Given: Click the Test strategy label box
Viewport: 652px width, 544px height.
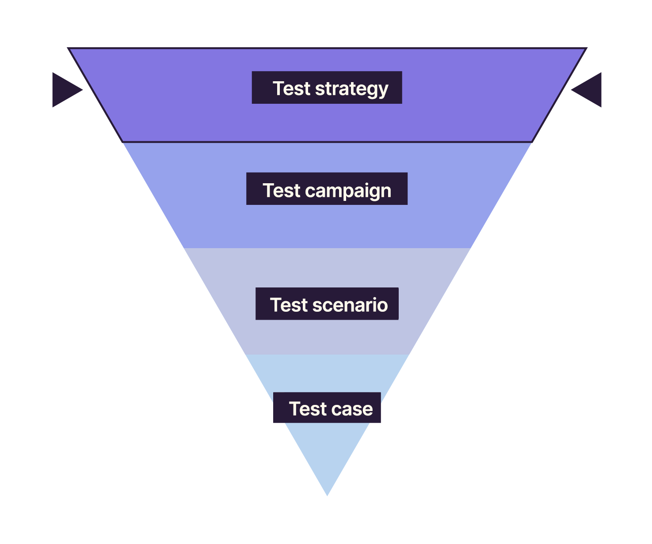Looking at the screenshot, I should (x=327, y=87).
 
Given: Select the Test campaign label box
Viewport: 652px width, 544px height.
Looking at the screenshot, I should (x=327, y=189).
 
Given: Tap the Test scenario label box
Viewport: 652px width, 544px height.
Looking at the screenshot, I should (x=327, y=304).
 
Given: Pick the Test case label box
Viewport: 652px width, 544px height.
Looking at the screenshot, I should (x=327, y=408).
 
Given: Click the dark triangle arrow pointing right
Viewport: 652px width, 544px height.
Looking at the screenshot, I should (x=65, y=90).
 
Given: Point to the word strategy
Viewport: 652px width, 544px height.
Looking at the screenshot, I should (x=351, y=89).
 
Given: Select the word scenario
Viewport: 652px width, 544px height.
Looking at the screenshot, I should (x=350, y=305).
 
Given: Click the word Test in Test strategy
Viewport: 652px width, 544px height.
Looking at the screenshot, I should (x=291, y=88).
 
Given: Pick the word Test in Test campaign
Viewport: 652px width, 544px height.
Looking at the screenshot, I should (x=282, y=190).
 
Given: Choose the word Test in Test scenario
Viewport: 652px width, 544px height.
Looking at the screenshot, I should (x=289, y=305).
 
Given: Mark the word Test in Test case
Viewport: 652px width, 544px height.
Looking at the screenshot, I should (x=308, y=409).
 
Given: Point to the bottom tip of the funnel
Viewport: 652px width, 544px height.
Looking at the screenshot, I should (x=327, y=495).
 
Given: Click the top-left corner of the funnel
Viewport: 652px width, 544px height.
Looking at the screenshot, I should (x=69, y=49).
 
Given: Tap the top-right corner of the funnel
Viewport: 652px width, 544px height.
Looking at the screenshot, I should (x=585, y=49).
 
